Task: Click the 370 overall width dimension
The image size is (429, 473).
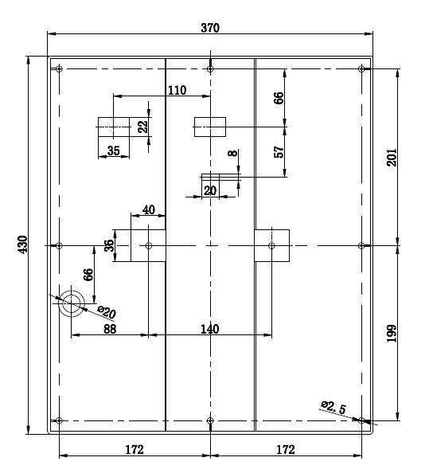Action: tap(210, 28)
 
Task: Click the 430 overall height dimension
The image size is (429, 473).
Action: tap(23, 244)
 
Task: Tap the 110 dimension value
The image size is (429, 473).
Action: tap(177, 90)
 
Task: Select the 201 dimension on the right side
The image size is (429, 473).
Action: tap(392, 157)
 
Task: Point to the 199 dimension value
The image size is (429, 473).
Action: tap(392, 334)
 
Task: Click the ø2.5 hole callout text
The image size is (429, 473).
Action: tap(333, 407)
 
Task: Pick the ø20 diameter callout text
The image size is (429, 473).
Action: tap(107, 312)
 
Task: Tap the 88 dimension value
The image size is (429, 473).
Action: tap(110, 329)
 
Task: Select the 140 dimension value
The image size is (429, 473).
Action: tap(210, 329)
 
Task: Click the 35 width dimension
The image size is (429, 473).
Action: tap(113, 150)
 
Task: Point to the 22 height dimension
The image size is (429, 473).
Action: tap(142, 127)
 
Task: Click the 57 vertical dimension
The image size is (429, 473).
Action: tap(279, 152)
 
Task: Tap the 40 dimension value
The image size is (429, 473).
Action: tap(148, 209)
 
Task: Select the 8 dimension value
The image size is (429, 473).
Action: tap(232, 153)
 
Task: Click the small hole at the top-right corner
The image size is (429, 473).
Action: tap(361, 68)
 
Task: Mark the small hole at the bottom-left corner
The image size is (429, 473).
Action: tap(59, 420)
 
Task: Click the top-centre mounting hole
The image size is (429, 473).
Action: tap(210, 69)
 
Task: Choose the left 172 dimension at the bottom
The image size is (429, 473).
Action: tap(135, 450)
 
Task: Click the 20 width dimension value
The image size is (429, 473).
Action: tap(210, 190)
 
